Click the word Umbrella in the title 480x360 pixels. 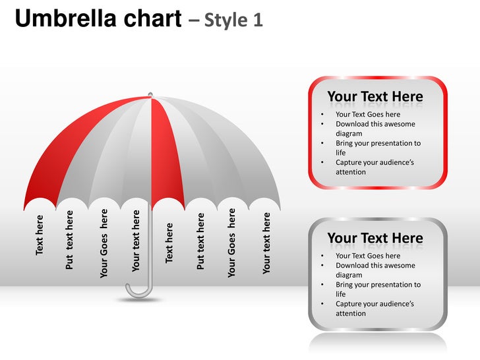point(61,20)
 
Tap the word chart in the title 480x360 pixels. point(146,20)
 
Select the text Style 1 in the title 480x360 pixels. point(234,20)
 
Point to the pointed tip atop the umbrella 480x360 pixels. point(150,95)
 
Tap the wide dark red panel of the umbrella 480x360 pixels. point(73,152)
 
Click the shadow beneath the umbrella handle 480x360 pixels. point(139,300)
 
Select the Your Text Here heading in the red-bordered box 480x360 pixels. point(375,97)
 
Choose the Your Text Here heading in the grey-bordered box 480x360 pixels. point(375,238)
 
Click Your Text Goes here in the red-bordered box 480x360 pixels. point(368,115)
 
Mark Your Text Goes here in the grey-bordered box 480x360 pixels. point(368,256)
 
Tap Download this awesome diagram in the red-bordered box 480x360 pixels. point(375,129)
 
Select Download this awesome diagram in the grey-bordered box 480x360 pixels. point(375,270)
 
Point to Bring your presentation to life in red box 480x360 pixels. point(378,148)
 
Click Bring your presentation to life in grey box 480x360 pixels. point(378,289)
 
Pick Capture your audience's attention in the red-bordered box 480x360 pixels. point(375,167)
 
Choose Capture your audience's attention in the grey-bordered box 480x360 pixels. point(375,309)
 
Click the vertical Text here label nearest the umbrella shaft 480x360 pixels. point(169,243)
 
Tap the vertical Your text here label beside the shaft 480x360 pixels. point(136,241)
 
